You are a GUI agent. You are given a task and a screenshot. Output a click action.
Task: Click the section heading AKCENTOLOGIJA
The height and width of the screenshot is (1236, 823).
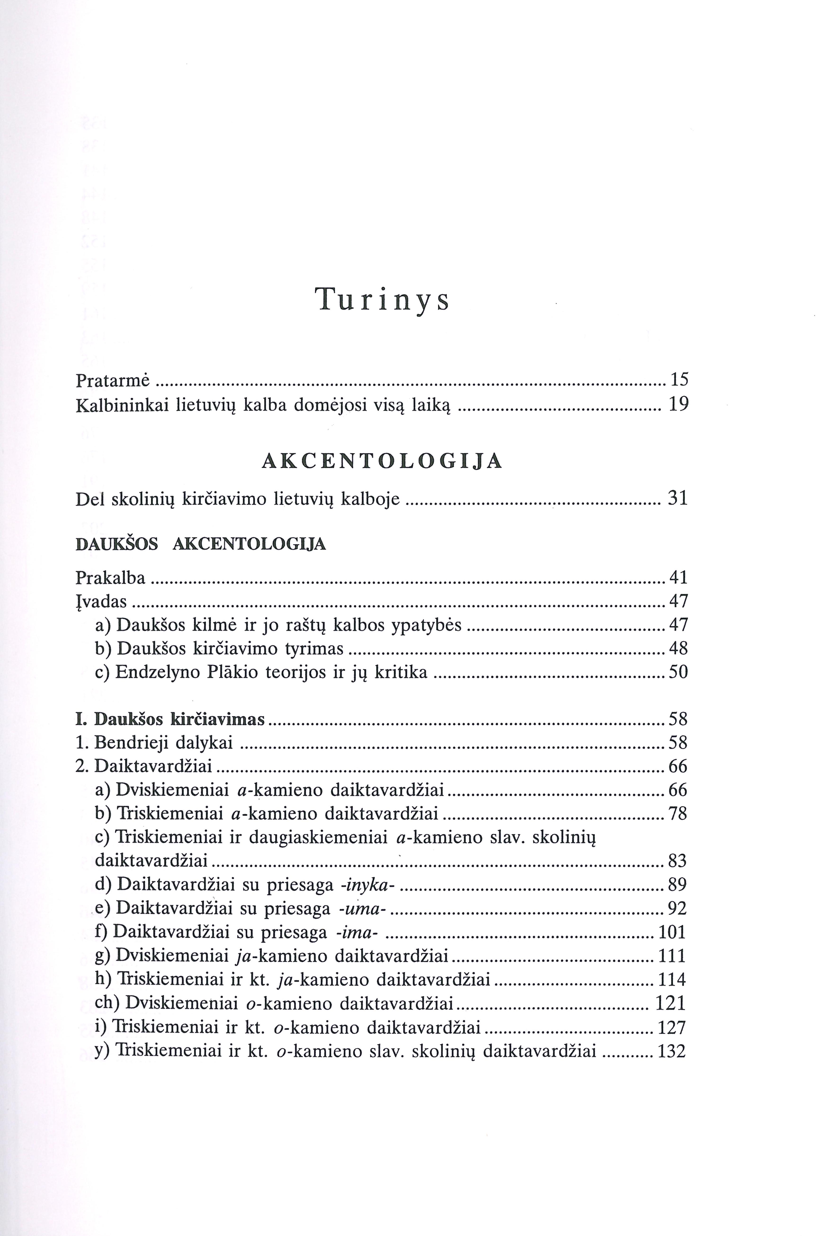pyautogui.click(x=382, y=461)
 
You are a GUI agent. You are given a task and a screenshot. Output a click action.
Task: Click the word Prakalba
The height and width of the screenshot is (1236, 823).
pyautogui.click(x=110, y=578)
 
